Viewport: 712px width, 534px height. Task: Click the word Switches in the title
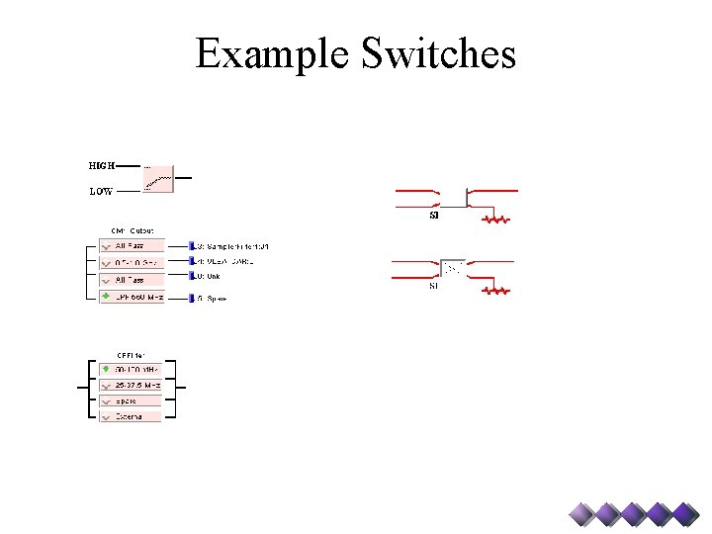point(437,53)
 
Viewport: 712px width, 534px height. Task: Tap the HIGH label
point(101,166)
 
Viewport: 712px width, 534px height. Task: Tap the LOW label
point(101,192)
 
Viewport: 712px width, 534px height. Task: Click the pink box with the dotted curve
point(157,178)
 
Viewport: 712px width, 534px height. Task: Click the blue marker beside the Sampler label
point(192,245)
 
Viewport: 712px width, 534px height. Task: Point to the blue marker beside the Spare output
point(192,297)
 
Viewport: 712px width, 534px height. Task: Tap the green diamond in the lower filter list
point(107,369)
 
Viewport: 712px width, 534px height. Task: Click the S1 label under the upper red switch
point(433,216)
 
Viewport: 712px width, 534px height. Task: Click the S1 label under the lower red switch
point(433,287)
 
